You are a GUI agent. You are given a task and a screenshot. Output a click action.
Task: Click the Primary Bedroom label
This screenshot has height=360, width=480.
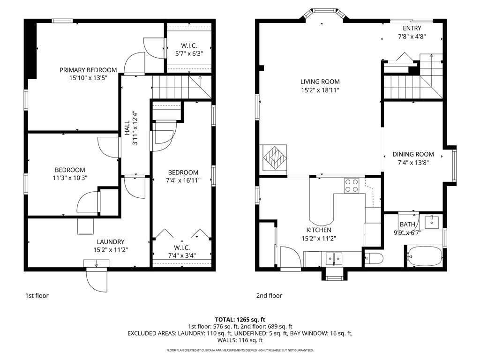(x=88, y=70)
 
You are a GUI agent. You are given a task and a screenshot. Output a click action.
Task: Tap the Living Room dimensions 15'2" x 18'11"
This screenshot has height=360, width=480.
(x=320, y=90)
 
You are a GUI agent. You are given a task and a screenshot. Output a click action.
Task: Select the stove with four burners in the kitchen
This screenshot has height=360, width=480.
(x=352, y=186)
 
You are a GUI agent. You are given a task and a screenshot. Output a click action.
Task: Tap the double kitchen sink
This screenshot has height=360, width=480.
(x=334, y=257)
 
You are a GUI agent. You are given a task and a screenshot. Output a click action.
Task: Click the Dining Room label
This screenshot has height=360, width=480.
(x=413, y=154)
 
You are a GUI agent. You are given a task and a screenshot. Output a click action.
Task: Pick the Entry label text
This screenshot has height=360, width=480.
(x=412, y=28)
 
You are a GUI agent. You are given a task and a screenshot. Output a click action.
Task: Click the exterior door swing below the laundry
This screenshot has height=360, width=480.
(x=97, y=279)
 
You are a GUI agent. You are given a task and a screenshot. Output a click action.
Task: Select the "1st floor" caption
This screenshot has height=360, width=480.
(x=37, y=296)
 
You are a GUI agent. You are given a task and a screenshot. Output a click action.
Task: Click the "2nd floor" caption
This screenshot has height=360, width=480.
(x=269, y=296)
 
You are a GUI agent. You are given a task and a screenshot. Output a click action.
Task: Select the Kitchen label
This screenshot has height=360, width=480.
(x=319, y=230)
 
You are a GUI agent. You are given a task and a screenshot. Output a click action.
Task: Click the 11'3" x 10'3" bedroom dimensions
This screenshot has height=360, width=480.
(x=70, y=178)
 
